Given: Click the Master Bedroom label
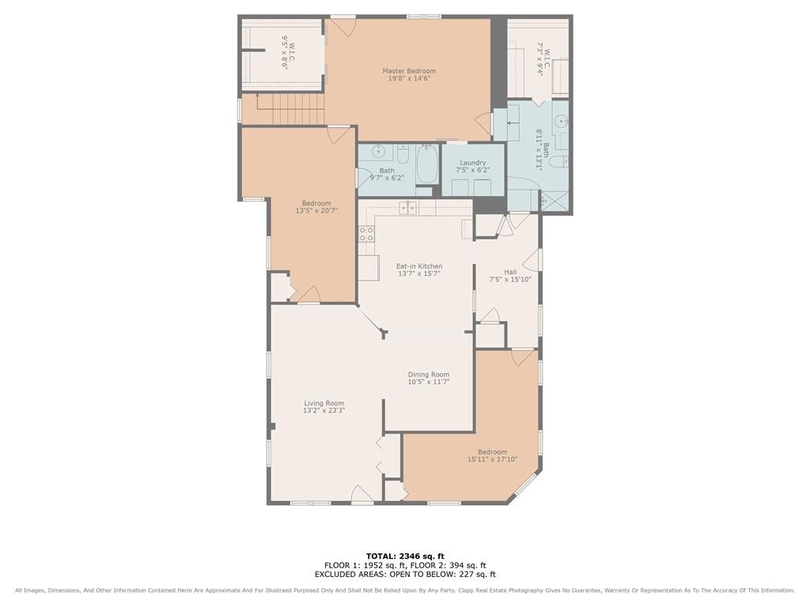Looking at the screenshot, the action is [x=409, y=70].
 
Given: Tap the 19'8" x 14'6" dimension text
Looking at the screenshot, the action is [x=409, y=78].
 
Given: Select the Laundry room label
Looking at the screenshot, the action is [x=473, y=162].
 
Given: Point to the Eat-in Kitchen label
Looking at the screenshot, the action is [x=419, y=266].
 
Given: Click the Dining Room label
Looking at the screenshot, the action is [x=428, y=374].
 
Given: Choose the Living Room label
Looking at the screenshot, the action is [x=324, y=403].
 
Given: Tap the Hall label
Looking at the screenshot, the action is [x=510, y=272].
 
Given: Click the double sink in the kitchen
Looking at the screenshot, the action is [x=408, y=208].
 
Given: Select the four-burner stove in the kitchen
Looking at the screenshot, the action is [x=367, y=234].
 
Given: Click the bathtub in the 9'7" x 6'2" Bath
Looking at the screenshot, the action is [x=427, y=164].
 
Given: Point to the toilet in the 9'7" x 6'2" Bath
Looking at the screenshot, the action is [x=403, y=153].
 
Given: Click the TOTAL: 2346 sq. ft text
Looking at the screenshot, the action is [x=405, y=556].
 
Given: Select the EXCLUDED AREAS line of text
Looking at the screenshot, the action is [x=405, y=574].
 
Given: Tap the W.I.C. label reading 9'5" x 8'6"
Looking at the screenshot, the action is [x=288, y=52].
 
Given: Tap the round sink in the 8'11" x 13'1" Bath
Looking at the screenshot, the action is [x=561, y=122].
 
